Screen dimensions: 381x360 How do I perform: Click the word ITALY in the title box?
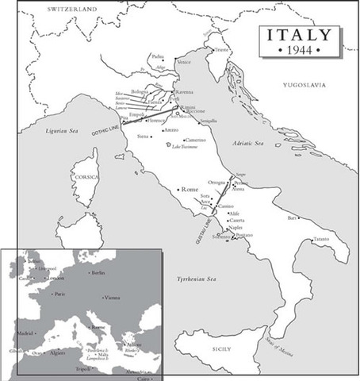pyautogui.click(x=301, y=37)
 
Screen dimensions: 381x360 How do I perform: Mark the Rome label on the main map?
pyautogui.click(x=190, y=190)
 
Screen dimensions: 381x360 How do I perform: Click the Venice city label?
pyautogui.click(x=184, y=62)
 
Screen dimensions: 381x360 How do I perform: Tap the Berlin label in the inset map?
pyautogui.click(x=98, y=273)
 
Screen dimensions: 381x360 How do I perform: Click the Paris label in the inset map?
pyautogui.click(x=59, y=293)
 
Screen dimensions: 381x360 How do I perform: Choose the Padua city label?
pyautogui.click(x=158, y=56)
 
